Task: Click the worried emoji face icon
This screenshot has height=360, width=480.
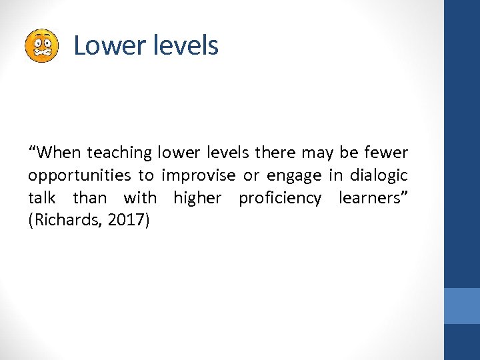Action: (x=41, y=46)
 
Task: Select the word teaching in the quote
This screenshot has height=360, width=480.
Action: (x=120, y=153)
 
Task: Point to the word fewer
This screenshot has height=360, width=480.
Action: (x=386, y=153)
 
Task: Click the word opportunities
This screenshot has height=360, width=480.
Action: (x=79, y=175)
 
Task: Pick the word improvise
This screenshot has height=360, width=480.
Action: (x=198, y=175)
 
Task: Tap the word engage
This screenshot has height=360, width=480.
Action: (x=293, y=175)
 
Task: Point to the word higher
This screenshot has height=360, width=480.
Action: (x=197, y=198)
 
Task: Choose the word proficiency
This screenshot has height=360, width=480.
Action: (x=280, y=198)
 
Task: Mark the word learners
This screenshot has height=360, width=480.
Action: (x=371, y=198)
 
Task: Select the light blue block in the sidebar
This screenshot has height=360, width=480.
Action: (x=462, y=306)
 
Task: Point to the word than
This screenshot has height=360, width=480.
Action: (x=89, y=198)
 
